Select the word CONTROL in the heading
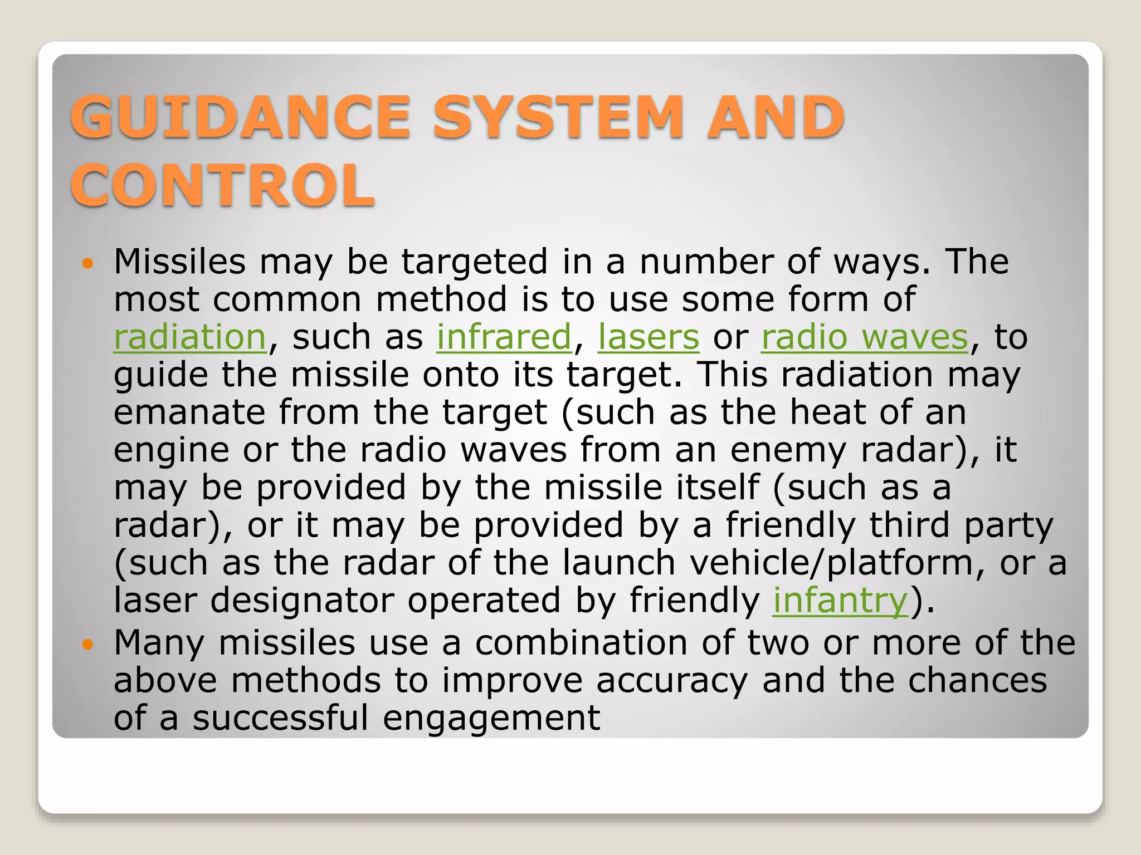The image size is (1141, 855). [x=223, y=185]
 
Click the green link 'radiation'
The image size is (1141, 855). [x=190, y=337]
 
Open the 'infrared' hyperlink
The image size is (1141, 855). [x=504, y=337]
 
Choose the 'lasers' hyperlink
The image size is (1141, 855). [x=648, y=337]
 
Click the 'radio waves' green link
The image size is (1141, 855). [x=865, y=337]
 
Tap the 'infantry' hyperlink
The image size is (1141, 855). [x=840, y=601]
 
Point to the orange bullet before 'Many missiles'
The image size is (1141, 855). [x=86, y=645]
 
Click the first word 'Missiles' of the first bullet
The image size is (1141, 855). [x=179, y=262]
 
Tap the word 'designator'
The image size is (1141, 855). [x=301, y=601]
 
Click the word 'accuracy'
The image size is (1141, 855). [x=672, y=681]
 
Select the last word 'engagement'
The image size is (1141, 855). [x=491, y=718]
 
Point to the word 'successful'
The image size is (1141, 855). [x=280, y=718]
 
